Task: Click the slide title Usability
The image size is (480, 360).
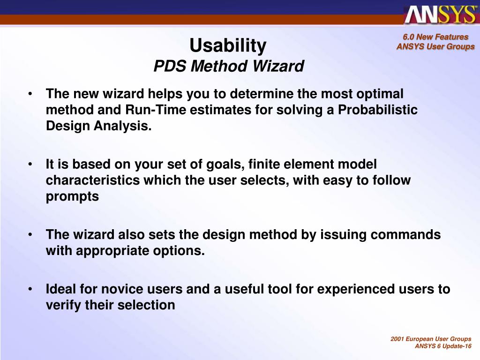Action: [x=228, y=46]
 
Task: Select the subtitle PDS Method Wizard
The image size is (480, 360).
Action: [x=229, y=66]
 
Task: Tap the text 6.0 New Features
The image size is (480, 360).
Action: [x=435, y=37]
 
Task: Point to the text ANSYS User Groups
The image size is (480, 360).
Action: [x=435, y=46]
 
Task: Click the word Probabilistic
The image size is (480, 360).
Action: [x=377, y=110]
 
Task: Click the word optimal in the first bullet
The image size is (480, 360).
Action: [x=380, y=94]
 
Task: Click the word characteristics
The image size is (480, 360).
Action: [x=93, y=180]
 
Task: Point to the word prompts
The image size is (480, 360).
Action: [x=72, y=196]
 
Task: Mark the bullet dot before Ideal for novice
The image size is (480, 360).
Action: [x=30, y=289]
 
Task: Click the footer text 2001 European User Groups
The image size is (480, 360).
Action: [x=431, y=339]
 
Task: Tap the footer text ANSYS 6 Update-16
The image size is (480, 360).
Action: [x=443, y=346]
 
